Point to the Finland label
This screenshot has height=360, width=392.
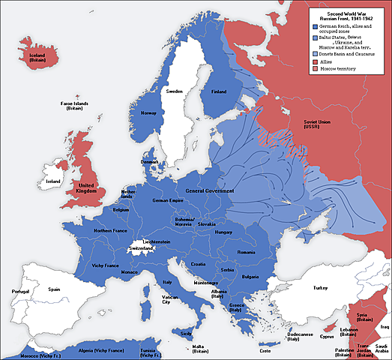click(219, 91)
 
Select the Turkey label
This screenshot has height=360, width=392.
click(321, 288)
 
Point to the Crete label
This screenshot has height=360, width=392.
click(265, 350)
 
